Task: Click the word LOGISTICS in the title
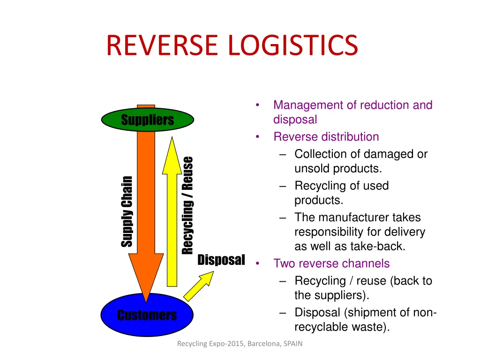click(x=293, y=45)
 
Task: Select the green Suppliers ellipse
click(x=147, y=120)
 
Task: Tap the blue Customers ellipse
click(x=147, y=315)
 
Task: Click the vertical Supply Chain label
click(x=127, y=211)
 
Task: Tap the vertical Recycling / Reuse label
click(x=187, y=205)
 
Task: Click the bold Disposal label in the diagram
click(x=221, y=260)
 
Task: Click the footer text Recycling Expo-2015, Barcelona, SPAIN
click(x=240, y=344)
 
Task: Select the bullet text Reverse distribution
click(x=326, y=137)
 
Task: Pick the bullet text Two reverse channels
click(x=331, y=263)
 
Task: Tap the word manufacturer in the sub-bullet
click(x=353, y=217)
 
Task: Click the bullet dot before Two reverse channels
click(x=258, y=263)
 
